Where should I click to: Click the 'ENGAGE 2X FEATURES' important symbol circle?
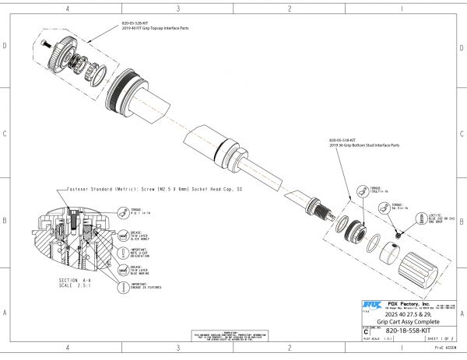coord(122,286)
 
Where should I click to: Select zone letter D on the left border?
coord(6,46)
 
